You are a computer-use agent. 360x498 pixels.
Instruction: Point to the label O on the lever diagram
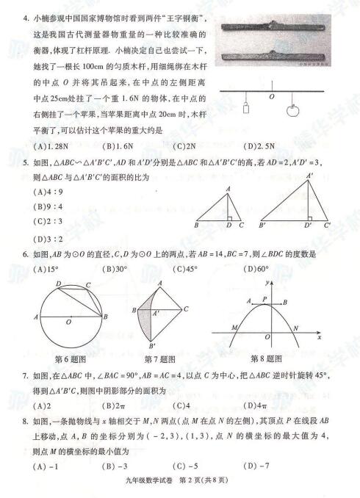point(272,95)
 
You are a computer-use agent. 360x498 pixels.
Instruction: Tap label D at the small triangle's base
point(228,225)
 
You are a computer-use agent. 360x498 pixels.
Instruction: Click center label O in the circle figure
point(68,321)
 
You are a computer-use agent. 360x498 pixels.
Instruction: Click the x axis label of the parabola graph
point(319,338)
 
